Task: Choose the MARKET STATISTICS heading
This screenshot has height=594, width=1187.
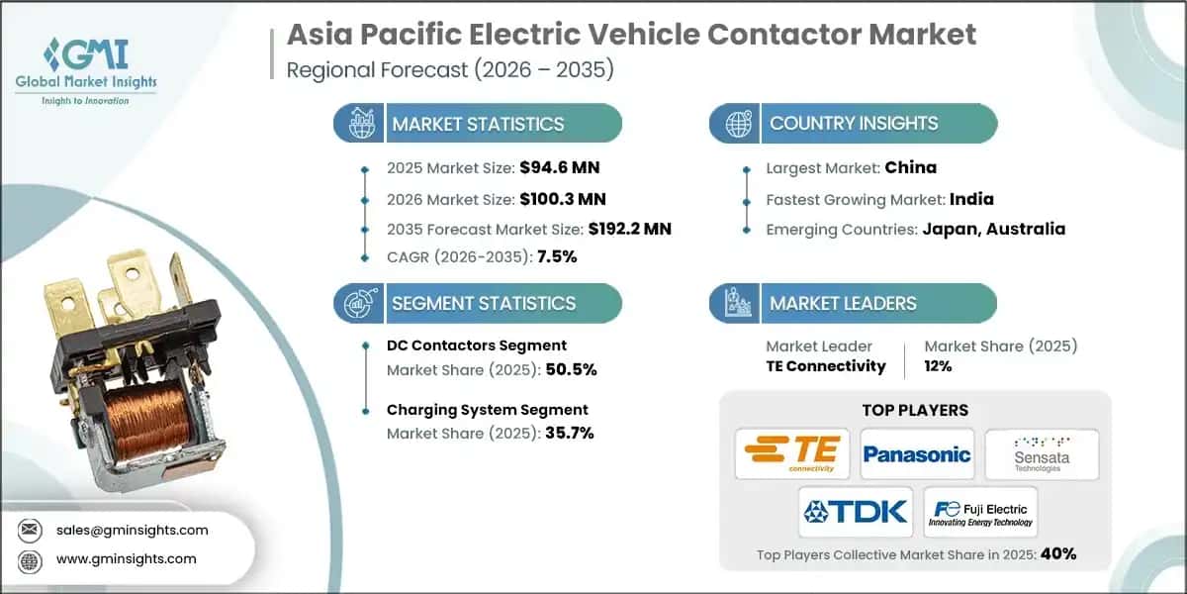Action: [478, 124]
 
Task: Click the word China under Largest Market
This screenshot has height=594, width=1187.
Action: [910, 167]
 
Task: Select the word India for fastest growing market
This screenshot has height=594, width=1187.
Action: [972, 198]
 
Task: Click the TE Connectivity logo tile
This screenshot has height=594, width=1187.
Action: [793, 454]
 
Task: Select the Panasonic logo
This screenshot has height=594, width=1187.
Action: [917, 454]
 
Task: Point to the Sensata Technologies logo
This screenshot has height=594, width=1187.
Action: [1042, 454]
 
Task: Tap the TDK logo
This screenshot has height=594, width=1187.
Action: [856, 511]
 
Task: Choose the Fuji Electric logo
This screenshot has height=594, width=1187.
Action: [980, 511]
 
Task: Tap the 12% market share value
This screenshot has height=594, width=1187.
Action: [938, 365]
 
